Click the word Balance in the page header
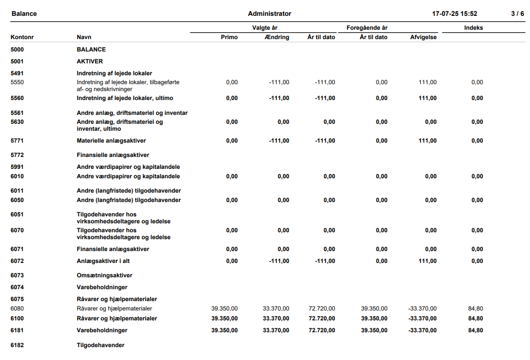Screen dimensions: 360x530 click(24, 14)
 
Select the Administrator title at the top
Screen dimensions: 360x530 click(269, 14)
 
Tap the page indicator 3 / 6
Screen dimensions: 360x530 click(518, 14)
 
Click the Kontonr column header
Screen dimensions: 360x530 click(22, 37)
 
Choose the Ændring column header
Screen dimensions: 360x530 click(277, 37)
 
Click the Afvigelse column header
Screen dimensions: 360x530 click(424, 37)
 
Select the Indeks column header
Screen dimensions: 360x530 click(474, 28)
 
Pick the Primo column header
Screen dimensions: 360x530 click(229, 37)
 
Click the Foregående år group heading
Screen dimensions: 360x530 click(367, 28)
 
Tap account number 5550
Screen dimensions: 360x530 click(17, 82)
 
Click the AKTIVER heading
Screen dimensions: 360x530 click(90, 61)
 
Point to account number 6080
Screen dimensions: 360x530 click(17, 309)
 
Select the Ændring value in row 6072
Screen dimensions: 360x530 click(279, 261)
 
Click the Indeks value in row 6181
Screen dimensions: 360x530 click(476, 330)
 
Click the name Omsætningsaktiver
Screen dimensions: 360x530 click(105, 275)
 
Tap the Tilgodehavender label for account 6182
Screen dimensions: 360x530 click(101, 345)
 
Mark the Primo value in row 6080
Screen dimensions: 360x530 click(224, 309)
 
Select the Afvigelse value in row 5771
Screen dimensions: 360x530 click(427, 141)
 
